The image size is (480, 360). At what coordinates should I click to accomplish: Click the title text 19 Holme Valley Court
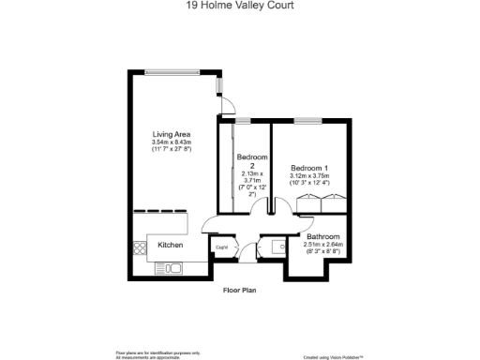(240, 5)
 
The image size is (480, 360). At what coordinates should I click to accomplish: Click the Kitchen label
(170, 245)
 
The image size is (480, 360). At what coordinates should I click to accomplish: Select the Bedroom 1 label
(307, 168)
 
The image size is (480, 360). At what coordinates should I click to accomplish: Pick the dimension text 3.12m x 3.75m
(309, 175)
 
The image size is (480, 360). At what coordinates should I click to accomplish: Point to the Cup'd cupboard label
(222, 247)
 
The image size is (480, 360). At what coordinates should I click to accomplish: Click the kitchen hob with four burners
(141, 248)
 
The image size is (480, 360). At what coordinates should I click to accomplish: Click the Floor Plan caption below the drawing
(239, 290)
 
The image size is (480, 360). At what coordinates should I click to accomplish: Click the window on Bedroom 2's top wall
(243, 120)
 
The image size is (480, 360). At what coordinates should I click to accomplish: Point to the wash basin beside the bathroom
(277, 247)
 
